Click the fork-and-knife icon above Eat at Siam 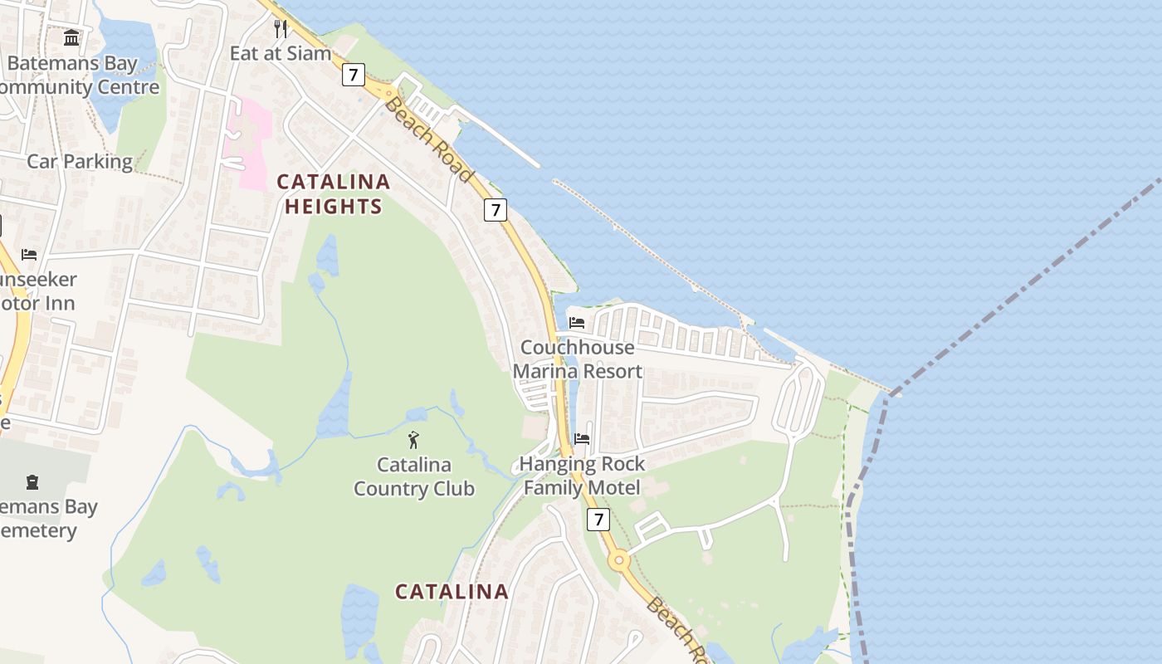tap(281, 29)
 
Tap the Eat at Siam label tap(280, 53)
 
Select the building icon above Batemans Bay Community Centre tap(71, 38)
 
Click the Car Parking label tap(80, 161)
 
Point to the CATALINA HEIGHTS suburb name tap(333, 193)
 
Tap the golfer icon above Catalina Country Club tap(413, 440)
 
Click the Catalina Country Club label tap(413, 476)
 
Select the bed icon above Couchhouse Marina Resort tap(577, 323)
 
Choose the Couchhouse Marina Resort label tap(578, 359)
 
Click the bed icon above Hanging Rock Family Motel tap(582, 438)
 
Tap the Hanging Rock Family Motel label tap(582, 476)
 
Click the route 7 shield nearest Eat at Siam tap(354, 75)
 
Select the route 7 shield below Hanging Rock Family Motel tap(598, 520)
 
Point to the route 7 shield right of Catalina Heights tap(496, 210)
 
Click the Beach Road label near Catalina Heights tap(428, 139)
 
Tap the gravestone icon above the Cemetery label tap(32, 481)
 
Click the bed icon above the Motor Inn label tap(29, 255)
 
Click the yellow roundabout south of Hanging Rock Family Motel tap(618, 560)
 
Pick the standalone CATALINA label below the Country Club tap(452, 592)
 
